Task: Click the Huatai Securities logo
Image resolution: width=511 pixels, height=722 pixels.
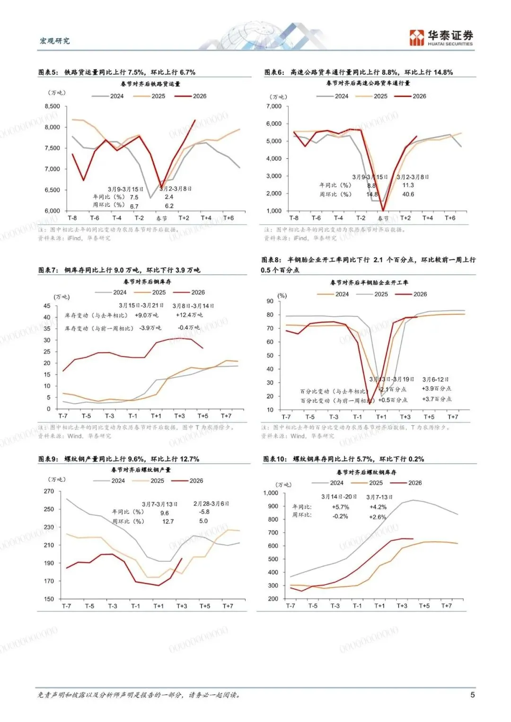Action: [x=441, y=38]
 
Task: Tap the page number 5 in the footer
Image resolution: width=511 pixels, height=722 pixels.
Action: [x=472, y=695]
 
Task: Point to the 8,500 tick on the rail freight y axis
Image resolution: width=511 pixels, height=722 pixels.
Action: [x=52, y=106]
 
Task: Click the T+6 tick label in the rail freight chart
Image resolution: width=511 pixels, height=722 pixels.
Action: [x=229, y=218]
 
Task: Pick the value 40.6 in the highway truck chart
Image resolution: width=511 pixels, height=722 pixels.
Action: [x=408, y=194]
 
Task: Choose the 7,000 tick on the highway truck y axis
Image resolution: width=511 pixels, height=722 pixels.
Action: [x=273, y=106]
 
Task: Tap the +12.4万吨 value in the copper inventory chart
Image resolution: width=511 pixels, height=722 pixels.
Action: [x=189, y=315]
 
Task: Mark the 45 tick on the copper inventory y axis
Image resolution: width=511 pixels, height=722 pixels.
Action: [x=47, y=306]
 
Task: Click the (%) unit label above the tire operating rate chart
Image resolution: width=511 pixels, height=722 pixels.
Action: [x=282, y=296]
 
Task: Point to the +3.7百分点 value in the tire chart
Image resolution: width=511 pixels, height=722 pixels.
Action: [x=436, y=399]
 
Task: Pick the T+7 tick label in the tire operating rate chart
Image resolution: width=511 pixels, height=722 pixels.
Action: [x=453, y=417]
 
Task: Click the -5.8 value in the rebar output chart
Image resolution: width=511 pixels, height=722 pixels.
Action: [x=204, y=512]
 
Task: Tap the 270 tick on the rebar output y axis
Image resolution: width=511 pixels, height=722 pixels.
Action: [x=49, y=491]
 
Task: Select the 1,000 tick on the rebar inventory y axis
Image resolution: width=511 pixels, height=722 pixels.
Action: [x=271, y=493]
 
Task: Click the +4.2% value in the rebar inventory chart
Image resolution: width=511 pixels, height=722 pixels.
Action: [x=378, y=507]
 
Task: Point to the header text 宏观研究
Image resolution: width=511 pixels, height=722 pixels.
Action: [x=55, y=41]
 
